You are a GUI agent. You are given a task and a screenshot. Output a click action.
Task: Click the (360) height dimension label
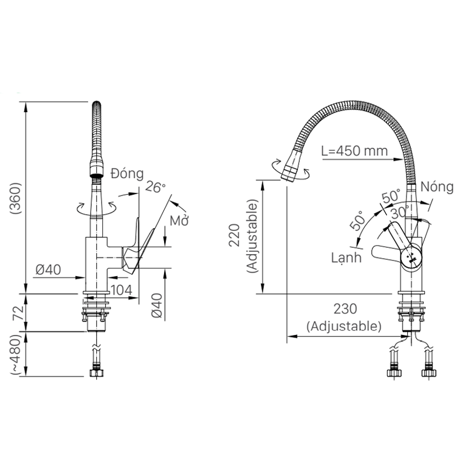tap(16, 198)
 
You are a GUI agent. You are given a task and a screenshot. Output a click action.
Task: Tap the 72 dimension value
tap(18, 313)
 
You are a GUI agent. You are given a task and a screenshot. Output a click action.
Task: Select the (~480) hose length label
tap(17, 355)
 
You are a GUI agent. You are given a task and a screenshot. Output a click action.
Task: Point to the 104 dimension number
tap(122, 290)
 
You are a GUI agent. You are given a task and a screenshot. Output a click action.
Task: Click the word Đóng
tap(127, 174)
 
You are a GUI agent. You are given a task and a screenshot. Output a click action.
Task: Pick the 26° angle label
tap(155, 187)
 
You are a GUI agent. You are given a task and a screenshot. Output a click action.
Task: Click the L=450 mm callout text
tap(355, 151)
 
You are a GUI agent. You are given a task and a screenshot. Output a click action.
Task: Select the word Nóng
tap(437, 187)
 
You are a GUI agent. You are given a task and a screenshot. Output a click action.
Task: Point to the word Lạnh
tap(346, 258)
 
